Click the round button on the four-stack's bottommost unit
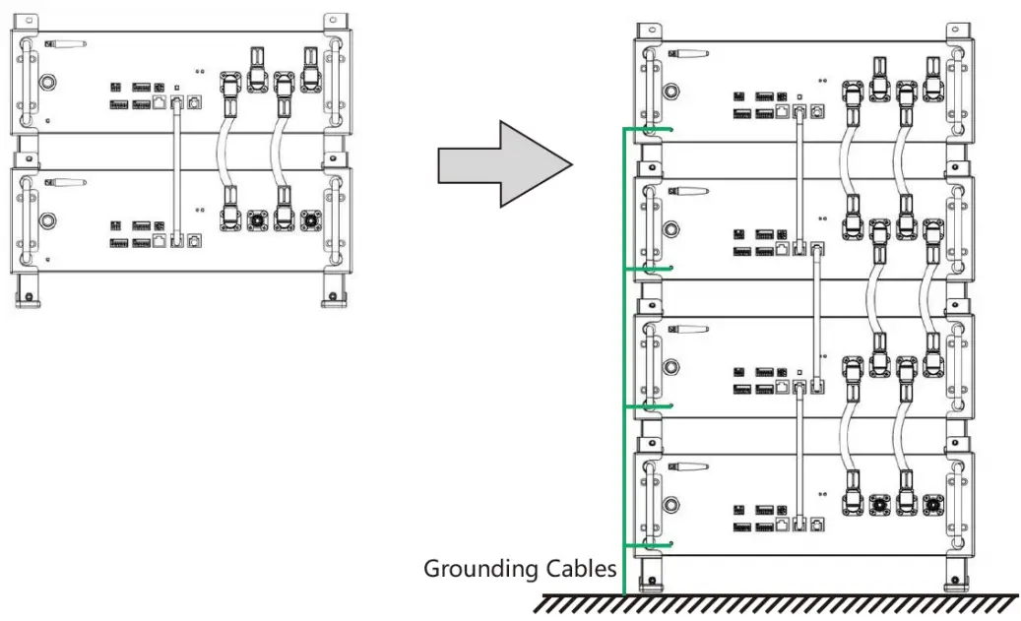(x=670, y=505)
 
